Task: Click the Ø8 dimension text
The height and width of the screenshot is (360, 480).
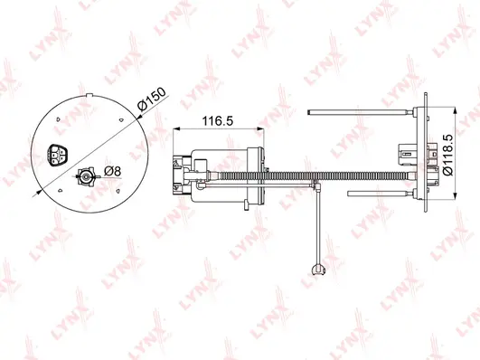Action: click(114, 171)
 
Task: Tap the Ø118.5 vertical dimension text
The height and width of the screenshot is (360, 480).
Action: click(447, 155)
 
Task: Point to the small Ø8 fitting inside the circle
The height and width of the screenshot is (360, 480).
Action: click(87, 177)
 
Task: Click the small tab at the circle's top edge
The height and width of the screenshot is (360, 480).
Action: click(89, 92)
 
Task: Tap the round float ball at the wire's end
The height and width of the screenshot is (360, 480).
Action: click(315, 268)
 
